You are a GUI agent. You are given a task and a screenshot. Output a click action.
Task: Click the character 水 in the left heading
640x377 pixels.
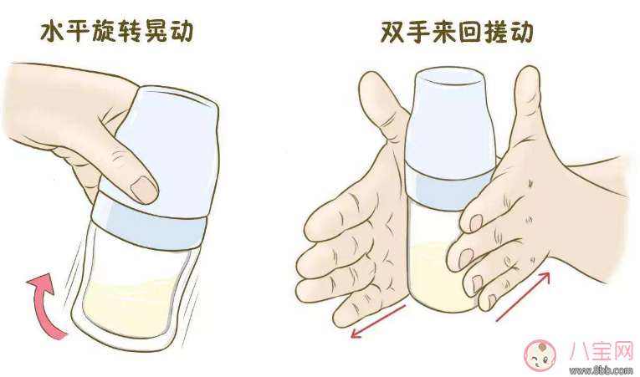point(52,32)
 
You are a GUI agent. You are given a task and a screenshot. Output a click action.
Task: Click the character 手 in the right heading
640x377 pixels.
point(426,33)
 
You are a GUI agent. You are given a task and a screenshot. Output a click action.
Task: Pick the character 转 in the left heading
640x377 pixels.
point(120,32)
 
